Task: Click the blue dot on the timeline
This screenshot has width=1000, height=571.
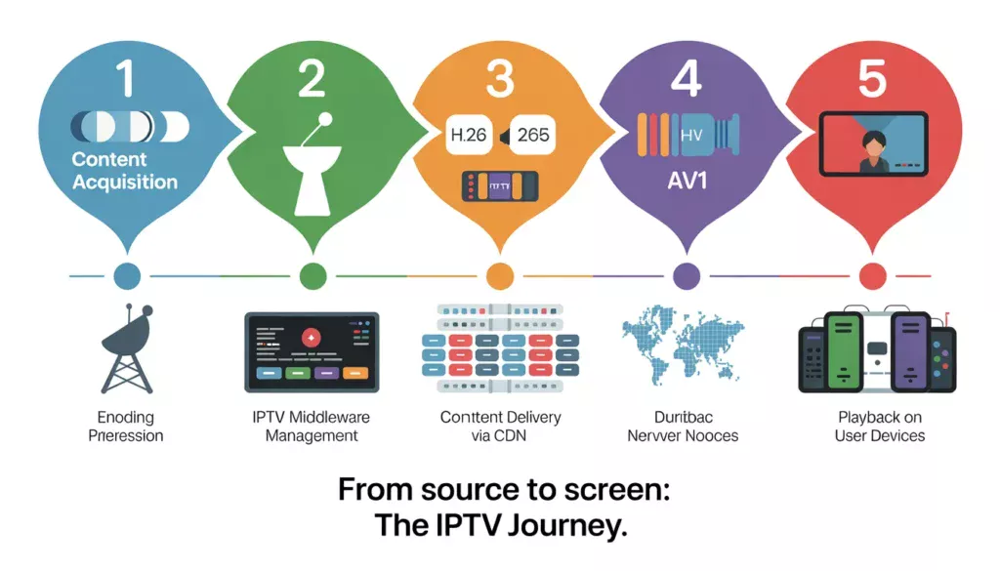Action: pos(126,276)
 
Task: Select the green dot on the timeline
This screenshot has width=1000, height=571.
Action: pos(312,276)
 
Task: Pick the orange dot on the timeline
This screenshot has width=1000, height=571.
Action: pos(499,276)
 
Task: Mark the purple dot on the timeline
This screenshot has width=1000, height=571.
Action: pos(687,276)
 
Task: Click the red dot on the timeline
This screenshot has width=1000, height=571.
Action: pos(872,276)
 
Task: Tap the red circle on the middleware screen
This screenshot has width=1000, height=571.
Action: pos(311,337)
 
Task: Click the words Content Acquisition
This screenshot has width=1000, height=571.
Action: pos(125,171)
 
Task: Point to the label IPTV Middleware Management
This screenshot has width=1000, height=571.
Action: pos(312,427)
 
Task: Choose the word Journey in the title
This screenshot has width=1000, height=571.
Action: pos(567,527)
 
